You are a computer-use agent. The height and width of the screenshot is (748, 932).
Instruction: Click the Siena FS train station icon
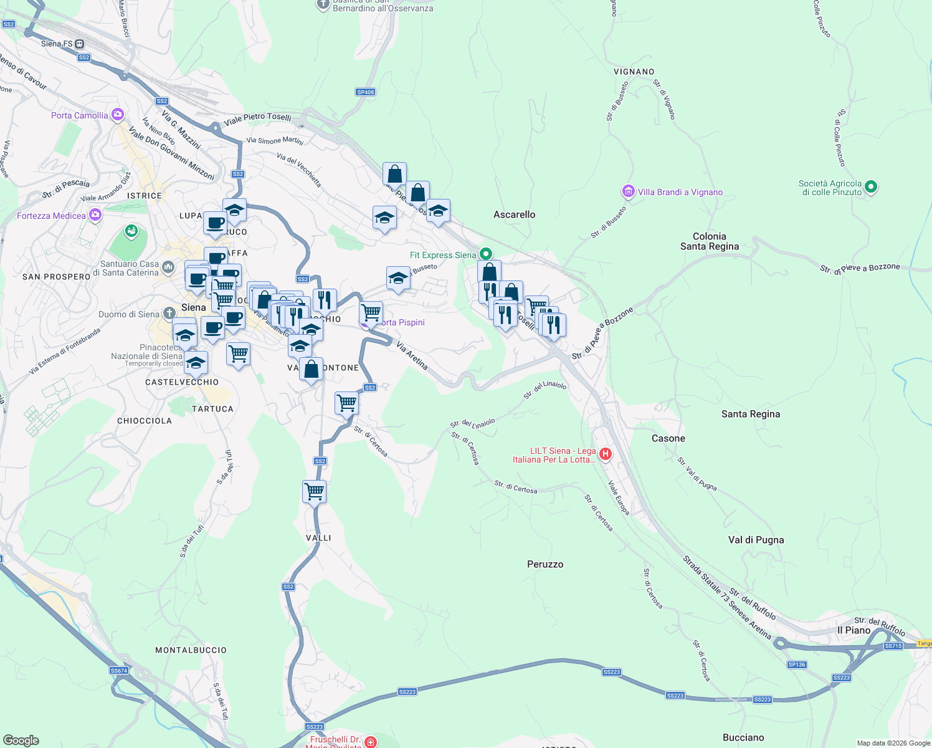point(79,44)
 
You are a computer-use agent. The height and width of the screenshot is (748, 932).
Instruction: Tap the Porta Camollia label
point(79,115)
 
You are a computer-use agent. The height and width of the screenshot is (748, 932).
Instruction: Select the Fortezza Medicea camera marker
point(95,216)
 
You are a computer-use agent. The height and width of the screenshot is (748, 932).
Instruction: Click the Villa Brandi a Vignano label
point(680,192)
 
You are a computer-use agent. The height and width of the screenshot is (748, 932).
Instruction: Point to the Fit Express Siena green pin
point(486,254)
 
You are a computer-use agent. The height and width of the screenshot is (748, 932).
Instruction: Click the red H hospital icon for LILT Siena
point(604,454)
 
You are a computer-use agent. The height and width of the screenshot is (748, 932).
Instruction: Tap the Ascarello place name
point(514,214)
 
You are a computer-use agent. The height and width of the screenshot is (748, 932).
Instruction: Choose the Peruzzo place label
point(545,564)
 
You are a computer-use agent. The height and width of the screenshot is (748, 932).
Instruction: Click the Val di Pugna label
point(756,540)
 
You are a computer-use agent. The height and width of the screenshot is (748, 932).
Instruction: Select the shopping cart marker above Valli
point(314,491)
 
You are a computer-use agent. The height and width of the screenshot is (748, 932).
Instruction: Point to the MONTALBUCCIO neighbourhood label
point(191,650)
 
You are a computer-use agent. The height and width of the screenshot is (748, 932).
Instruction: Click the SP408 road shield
point(366,92)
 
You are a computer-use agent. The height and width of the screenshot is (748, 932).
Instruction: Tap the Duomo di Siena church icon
point(169,314)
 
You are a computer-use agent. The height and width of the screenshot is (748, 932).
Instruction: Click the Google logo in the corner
point(21,741)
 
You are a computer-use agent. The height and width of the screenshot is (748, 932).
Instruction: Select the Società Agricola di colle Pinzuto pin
point(871,186)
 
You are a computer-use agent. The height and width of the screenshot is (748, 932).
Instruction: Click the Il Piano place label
point(854,630)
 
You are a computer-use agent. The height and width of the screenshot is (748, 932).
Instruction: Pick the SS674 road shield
point(118,671)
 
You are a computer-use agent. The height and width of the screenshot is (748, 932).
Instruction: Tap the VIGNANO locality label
point(634,72)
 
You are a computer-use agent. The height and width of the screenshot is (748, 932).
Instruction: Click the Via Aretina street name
point(412,355)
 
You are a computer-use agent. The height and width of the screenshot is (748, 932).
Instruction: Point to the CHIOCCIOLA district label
point(145,421)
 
